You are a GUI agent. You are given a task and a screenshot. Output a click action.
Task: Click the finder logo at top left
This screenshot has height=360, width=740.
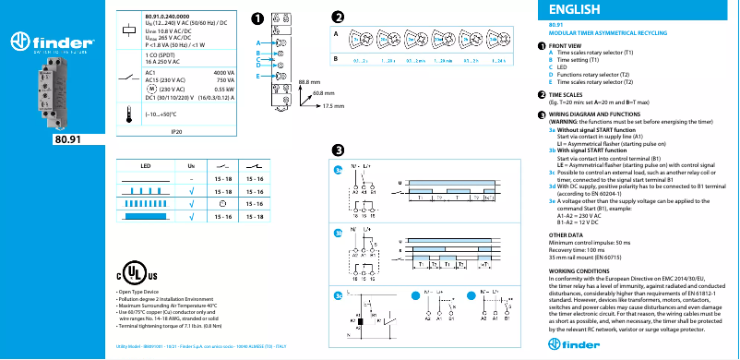pos(48,42)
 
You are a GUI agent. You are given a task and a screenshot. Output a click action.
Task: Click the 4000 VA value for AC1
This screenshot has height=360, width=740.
pos(223,71)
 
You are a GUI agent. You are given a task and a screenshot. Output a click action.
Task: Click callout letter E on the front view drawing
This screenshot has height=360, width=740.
pos(259,75)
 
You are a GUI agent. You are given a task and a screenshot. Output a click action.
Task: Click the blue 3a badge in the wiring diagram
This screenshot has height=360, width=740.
pos(339,171)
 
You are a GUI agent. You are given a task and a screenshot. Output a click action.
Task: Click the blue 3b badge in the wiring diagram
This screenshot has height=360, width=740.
pos(339,233)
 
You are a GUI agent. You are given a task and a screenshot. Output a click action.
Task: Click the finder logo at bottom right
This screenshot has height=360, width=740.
pos(694,342)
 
